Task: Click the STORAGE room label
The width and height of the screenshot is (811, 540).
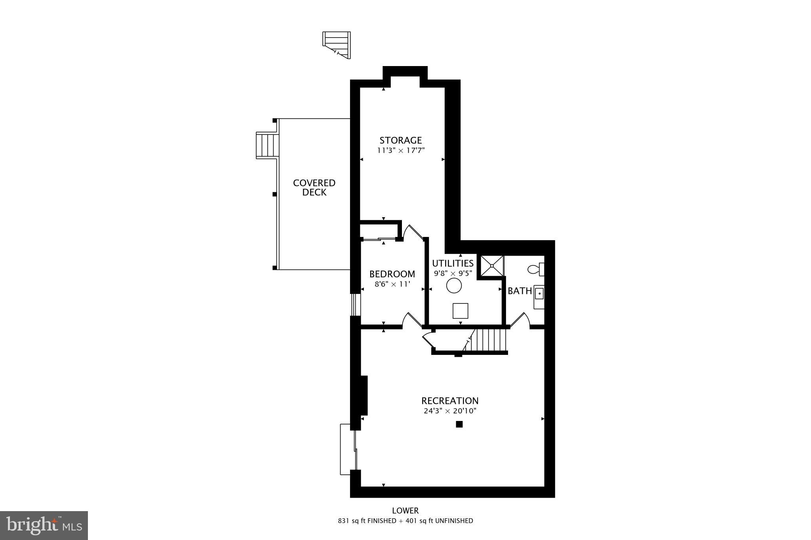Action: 400,140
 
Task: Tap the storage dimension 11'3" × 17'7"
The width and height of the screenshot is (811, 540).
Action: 400,150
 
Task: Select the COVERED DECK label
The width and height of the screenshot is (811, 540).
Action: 314,188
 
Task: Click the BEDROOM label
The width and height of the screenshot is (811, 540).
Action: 392,274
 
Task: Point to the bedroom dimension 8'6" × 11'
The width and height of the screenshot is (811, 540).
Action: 392,284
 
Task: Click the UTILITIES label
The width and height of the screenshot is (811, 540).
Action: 453,263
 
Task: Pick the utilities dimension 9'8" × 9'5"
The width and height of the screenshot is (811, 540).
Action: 453,273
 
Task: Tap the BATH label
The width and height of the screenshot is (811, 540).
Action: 520,291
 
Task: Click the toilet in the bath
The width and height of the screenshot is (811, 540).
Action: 536,269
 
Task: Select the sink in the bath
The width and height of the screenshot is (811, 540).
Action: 539,295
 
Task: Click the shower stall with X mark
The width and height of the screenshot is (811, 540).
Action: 492,266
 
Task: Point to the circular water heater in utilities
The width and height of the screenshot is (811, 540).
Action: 454,286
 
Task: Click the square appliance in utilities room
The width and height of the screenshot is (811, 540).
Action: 460,311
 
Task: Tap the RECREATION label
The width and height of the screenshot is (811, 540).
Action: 450,401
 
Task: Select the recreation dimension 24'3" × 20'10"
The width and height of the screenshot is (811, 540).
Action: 450,411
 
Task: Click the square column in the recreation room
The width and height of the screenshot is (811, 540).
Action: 459,424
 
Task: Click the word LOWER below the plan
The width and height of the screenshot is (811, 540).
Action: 405,511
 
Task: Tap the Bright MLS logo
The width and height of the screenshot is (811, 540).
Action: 44,525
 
